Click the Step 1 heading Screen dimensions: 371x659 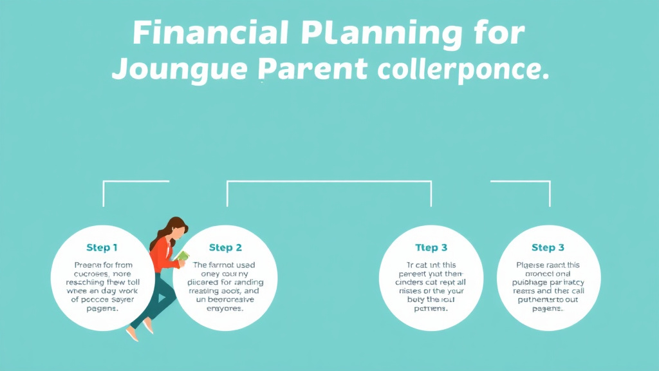tap(102, 247)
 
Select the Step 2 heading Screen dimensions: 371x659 tap(225, 247)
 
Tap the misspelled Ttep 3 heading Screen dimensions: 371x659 tap(431, 247)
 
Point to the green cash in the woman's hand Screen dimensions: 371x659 tap(183, 256)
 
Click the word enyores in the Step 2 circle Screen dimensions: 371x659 tap(225, 309)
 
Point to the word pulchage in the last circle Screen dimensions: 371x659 tap(531, 282)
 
